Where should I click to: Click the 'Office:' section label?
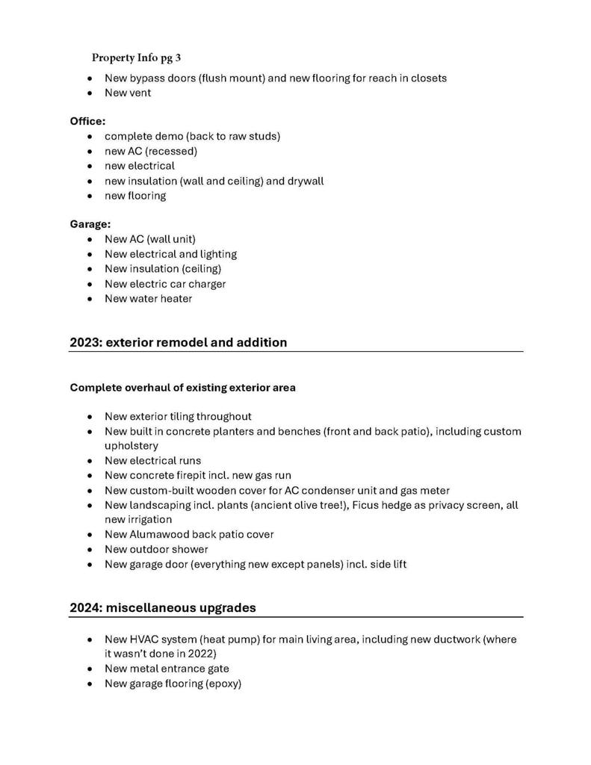tap(87, 120)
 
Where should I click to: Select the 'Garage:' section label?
tap(90, 223)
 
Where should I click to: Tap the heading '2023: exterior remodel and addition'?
tap(179, 342)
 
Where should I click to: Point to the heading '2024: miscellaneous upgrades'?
tap(163, 607)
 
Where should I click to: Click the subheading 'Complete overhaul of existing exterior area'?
tap(183, 387)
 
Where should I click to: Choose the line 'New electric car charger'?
tap(165, 284)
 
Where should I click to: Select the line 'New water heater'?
tap(148, 299)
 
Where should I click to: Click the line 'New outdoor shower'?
tap(156, 549)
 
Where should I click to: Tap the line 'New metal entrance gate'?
tap(167, 669)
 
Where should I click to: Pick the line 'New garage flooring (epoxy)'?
tap(173, 684)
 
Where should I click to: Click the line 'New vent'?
tap(128, 93)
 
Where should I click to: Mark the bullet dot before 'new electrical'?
tap(90, 166)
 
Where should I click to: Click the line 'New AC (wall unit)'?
tap(150, 239)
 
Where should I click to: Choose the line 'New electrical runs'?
tap(152, 460)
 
